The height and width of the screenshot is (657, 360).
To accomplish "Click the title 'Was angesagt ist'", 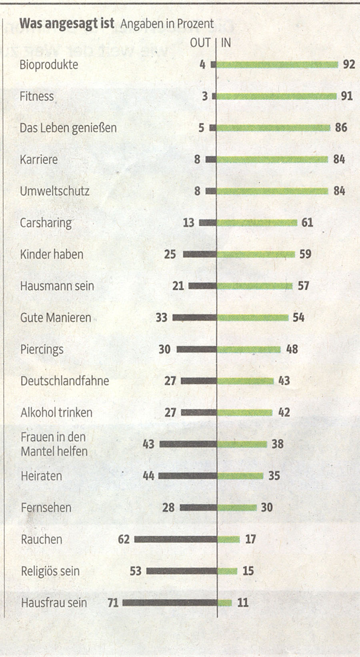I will click(x=67, y=23).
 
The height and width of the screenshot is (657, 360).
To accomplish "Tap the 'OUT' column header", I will click(x=200, y=43).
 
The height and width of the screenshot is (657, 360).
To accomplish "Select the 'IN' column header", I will click(x=226, y=43).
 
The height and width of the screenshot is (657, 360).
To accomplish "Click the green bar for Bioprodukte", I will click(x=277, y=65).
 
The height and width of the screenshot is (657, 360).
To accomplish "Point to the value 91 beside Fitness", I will click(x=347, y=96).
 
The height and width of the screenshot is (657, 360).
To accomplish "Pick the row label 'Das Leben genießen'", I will click(x=68, y=128).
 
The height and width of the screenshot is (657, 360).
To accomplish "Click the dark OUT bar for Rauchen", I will click(x=176, y=539).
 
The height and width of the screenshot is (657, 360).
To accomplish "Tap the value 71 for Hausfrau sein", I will click(x=113, y=603).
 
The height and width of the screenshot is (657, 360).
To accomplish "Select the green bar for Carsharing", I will click(x=257, y=223).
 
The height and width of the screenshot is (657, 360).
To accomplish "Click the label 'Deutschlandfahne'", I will click(x=65, y=381).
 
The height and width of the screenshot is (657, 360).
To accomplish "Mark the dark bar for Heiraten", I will click(x=188, y=476).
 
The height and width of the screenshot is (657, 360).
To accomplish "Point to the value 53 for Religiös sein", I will click(x=136, y=571).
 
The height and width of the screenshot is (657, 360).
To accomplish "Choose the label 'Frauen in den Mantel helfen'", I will click(x=54, y=444).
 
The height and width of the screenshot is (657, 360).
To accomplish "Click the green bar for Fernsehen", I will click(x=237, y=508).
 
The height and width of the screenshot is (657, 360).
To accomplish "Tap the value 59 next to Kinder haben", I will click(x=305, y=254).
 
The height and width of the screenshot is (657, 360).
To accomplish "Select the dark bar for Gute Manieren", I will click(x=194, y=318).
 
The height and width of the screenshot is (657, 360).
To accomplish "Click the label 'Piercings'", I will click(x=42, y=349).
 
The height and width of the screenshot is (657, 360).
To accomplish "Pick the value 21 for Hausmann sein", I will click(x=178, y=286).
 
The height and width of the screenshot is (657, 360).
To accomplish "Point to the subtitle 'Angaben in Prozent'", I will click(x=167, y=24).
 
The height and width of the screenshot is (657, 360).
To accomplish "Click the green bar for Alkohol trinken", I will click(x=245, y=413).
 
